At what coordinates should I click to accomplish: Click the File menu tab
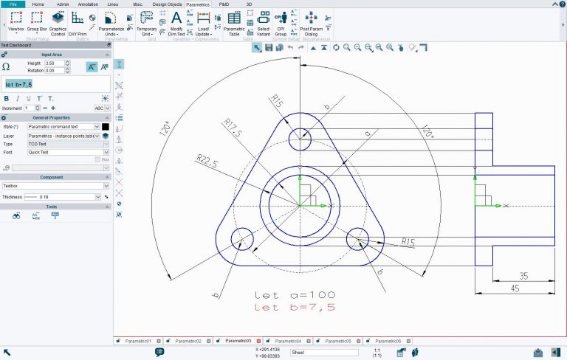pos(13,4)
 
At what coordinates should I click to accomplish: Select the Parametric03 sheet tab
pos(237,341)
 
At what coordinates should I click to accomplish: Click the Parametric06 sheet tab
pos(388,341)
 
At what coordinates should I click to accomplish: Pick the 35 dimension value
pos(523,276)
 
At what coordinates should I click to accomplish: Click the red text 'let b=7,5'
pos(295,307)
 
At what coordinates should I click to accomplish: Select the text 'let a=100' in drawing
pos(295,294)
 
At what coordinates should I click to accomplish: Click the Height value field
pos(54,63)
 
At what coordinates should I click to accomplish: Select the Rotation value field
pos(54,71)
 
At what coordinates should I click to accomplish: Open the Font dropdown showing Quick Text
pos(63,152)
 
